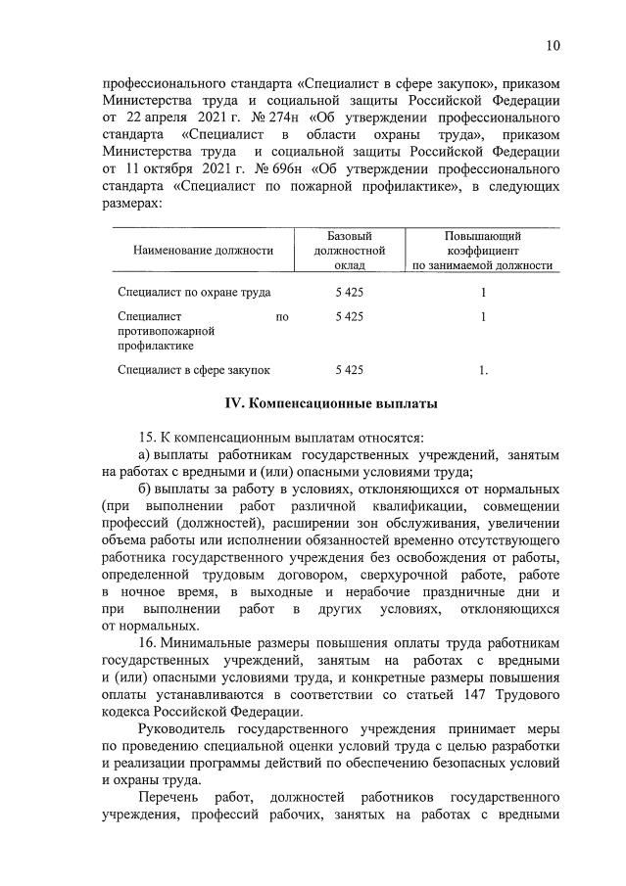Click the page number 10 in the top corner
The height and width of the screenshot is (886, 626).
tap(554, 46)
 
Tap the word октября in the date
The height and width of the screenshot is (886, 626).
tap(164, 168)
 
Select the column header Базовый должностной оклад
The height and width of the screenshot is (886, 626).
tap(349, 251)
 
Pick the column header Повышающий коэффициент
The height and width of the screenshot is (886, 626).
tap(482, 251)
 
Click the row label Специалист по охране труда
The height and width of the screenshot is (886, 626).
tap(194, 292)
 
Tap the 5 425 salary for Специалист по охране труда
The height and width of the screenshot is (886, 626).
tap(349, 292)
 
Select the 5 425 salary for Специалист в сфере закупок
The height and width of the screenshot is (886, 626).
tap(349, 369)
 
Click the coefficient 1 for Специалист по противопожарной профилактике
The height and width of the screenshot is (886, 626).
tap(482, 316)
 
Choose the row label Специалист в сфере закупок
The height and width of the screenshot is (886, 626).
tap(194, 369)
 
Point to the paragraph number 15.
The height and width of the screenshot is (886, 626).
tap(150, 437)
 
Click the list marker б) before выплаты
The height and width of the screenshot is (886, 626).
tap(144, 488)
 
